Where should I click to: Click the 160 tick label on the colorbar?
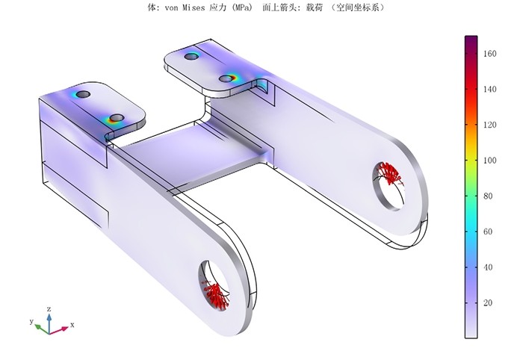click(x=489, y=54)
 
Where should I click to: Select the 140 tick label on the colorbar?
click(x=489, y=89)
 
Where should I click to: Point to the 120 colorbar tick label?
click(x=489, y=125)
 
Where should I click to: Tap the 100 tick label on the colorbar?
click(x=489, y=161)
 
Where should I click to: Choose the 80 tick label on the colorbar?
click(x=488, y=196)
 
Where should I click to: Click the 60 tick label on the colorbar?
click(x=488, y=232)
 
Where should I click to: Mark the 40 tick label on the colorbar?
click(x=488, y=267)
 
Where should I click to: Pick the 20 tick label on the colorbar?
click(x=488, y=302)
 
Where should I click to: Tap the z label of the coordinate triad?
click(x=49, y=308)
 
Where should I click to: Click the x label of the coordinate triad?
click(x=72, y=325)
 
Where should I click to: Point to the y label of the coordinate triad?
click(x=31, y=321)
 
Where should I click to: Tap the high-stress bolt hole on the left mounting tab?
click(x=116, y=118)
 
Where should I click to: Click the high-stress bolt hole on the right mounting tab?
click(x=229, y=78)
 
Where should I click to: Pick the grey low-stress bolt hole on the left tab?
click(x=84, y=94)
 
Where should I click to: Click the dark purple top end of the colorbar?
click(x=471, y=39)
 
